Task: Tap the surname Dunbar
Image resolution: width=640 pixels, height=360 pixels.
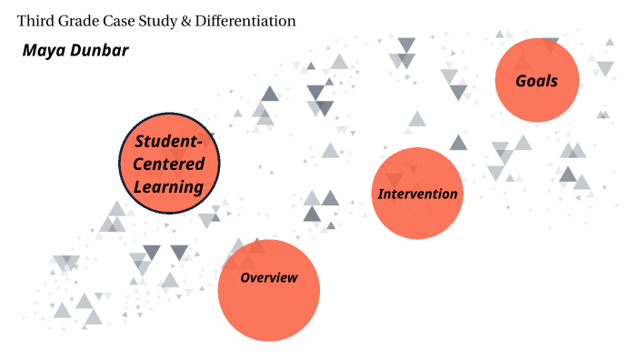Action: pos(99,49)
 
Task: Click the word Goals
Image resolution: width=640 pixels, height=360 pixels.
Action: pos(536,81)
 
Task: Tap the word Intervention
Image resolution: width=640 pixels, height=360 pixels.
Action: pos(418,194)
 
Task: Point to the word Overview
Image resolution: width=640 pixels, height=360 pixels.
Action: pos(269,277)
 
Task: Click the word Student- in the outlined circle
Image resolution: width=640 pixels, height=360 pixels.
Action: pos(175,141)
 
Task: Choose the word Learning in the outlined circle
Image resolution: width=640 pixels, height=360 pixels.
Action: pos(168,187)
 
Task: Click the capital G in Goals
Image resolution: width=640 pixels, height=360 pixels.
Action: pos(521,81)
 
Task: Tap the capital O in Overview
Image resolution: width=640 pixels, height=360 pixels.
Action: pos(245,277)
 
